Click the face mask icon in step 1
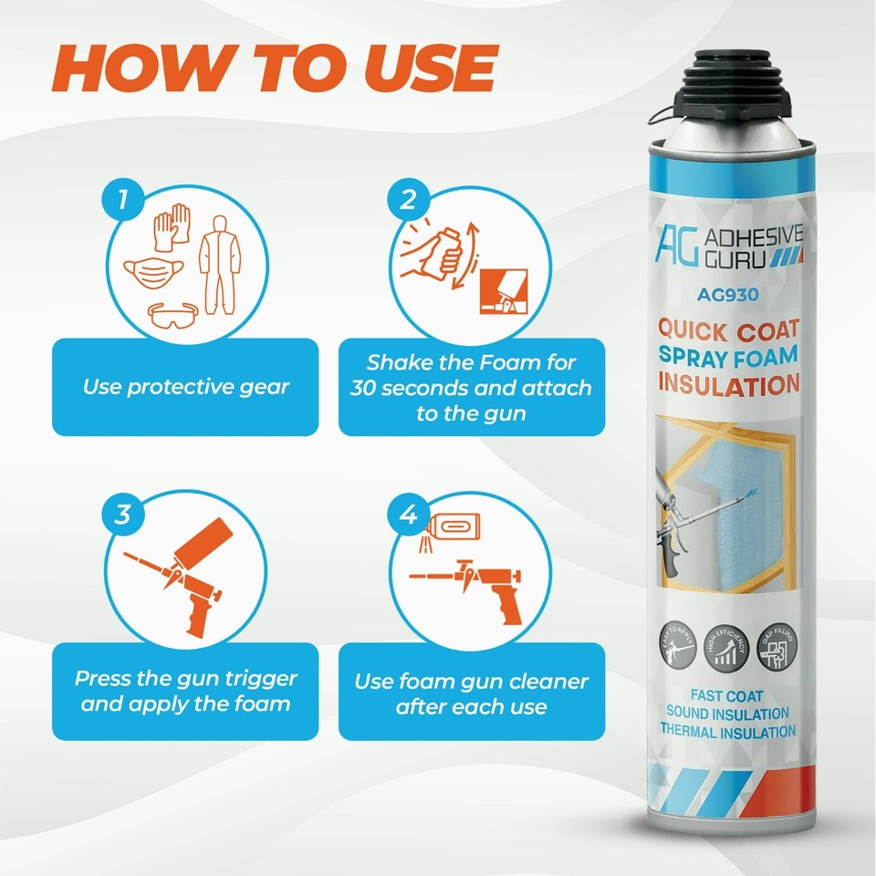pos(150,272)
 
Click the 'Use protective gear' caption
pos(185,387)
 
